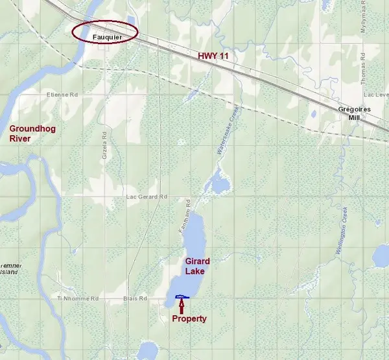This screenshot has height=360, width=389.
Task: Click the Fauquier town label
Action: pos(104,37)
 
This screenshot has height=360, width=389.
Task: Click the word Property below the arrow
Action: pos(189,318)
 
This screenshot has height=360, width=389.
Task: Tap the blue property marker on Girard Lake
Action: pos(182,297)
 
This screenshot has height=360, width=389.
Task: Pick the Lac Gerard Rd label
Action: pos(147,197)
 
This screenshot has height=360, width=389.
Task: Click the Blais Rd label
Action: pos(135,298)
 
